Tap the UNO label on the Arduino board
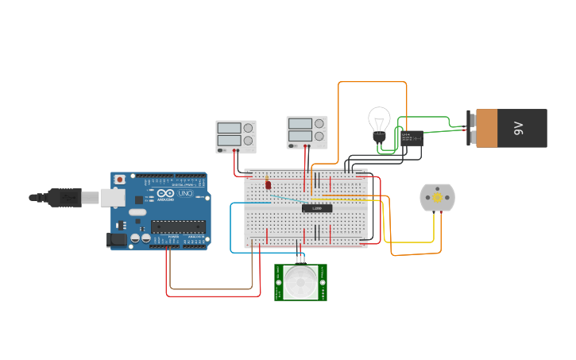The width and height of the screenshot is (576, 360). (x=184, y=193)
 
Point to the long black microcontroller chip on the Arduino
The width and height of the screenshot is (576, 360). (x=178, y=226)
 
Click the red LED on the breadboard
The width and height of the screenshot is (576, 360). (x=269, y=184)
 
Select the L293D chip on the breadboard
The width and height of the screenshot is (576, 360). (x=316, y=208)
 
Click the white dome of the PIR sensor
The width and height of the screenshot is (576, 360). (x=300, y=281)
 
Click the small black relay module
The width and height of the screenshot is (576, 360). (x=411, y=138)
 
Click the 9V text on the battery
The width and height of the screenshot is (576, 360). (x=519, y=128)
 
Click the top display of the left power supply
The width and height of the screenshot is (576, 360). (x=229, y=127)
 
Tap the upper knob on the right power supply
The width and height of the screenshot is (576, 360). (x=319, y=123)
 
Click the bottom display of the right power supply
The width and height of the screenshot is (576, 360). (x=300, y=136)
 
